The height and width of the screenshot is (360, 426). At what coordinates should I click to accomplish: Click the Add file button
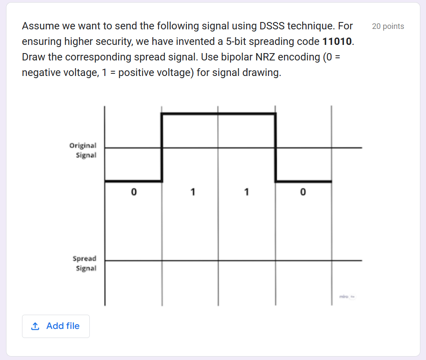click(x=56, y=326)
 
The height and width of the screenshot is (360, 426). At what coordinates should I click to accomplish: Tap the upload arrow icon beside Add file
click(x=35, y=326)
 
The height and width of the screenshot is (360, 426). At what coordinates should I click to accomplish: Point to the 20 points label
click(x=388, y=26)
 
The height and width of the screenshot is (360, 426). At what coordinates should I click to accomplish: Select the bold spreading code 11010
click(x=338, y=42)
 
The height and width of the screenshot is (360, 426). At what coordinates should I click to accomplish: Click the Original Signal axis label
click(x=83, y=150)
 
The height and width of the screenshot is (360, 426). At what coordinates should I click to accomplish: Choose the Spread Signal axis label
click(x=85, y=263)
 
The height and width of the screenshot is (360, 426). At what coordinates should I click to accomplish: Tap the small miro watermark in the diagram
click(x=345, y=297)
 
